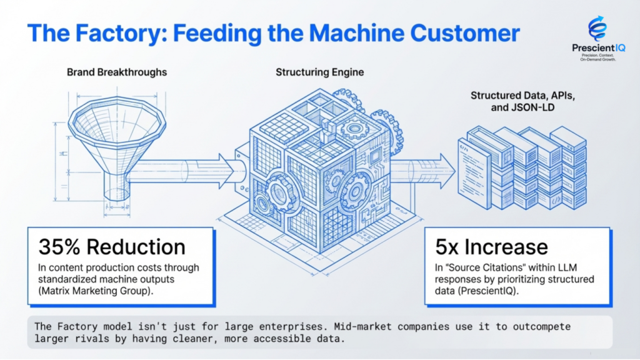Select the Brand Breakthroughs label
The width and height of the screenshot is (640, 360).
(x=117, y=72)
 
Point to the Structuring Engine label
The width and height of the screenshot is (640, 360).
(x=319, y=72)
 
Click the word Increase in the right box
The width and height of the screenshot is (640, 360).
(x=507, y=247)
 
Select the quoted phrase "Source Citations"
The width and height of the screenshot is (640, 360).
(x=486, y=267)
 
